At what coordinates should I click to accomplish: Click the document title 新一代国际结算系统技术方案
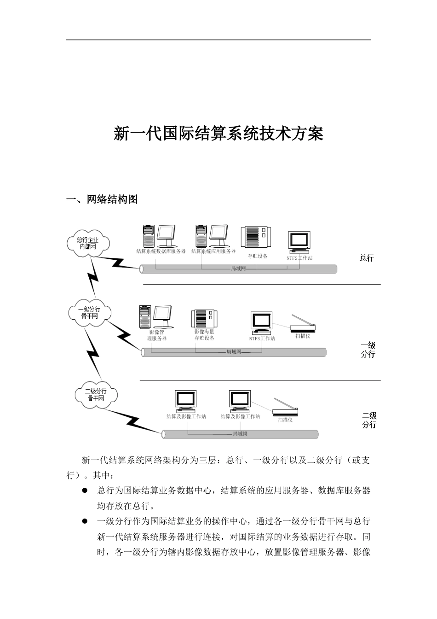(218, 134)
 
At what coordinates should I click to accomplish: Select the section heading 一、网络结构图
(102, 199)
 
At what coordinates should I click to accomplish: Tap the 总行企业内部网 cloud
(88, 243)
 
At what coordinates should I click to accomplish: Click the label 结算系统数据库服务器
(161, 251)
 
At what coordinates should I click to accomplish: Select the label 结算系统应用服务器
(213, 251)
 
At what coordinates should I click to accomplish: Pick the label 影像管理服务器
(157, 335)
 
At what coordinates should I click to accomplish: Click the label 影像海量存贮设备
(204, 335)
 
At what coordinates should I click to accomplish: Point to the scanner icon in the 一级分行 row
(302, 324)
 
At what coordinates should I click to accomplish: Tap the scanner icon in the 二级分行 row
(285, 407)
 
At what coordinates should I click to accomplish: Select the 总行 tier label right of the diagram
(367, 258)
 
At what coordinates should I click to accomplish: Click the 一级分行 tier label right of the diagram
(368, 350)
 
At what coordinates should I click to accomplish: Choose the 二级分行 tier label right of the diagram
(369, 420)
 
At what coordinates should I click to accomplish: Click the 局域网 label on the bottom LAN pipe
(241, 434)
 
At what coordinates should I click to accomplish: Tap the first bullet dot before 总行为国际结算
(85, 491)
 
